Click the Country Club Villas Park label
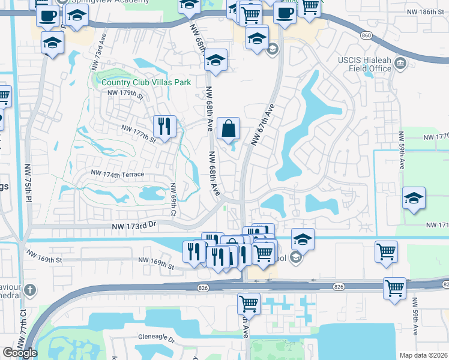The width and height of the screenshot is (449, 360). click(146, 83)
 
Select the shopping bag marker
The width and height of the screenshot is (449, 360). click(229, 129)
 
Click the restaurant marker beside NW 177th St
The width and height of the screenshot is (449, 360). click(164, 127)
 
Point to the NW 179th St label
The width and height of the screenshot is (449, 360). click(126, 94)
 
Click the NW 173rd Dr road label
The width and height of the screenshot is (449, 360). click(134, 227)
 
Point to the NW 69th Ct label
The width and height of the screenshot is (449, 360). click(172, 199)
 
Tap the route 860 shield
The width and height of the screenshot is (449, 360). click(367, 35)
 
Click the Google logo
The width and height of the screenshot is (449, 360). click(20, 353)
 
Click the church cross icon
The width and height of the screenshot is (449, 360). click(31, 290)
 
